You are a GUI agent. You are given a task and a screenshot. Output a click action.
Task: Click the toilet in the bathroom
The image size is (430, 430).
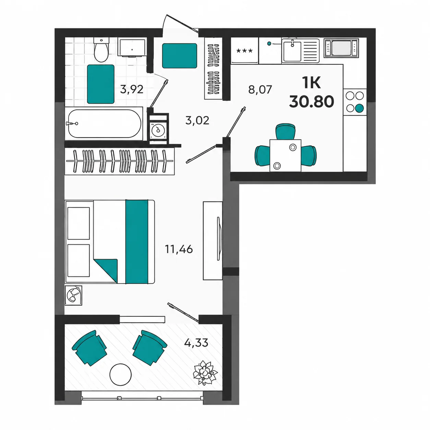pos(101,49)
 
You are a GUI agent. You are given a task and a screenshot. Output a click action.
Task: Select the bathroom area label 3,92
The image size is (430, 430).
pos(131,89)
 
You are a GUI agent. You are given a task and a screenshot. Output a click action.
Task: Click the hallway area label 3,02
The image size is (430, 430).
pos(197,120)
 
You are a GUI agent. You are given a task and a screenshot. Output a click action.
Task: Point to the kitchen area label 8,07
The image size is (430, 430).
pos(260,89)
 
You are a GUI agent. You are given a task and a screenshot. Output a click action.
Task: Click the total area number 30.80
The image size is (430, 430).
pos(311,101)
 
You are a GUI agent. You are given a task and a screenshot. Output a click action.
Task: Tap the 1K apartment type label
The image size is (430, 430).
pos(311,83)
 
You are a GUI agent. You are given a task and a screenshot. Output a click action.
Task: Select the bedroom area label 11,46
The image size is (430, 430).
pos(179,249)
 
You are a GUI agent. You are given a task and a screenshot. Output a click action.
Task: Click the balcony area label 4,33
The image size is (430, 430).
pos(196,343)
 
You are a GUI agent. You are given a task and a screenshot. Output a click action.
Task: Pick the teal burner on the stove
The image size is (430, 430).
pos(359,108)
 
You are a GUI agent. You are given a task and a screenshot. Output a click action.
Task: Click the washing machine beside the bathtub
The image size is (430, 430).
pos(158,130)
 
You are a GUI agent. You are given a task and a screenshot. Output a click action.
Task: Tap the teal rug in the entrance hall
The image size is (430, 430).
pos(179,56)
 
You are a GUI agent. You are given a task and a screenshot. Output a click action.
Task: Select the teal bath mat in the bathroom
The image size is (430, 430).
pos(100,84)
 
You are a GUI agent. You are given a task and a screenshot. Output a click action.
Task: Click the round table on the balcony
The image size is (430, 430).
pos(120,374)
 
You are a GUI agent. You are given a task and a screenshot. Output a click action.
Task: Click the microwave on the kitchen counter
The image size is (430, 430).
pos(341,48)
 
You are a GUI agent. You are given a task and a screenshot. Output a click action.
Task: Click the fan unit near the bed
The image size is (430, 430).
pos(73,295)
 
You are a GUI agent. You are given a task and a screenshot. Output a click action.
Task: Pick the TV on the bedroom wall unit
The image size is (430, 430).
pos(219,239)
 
